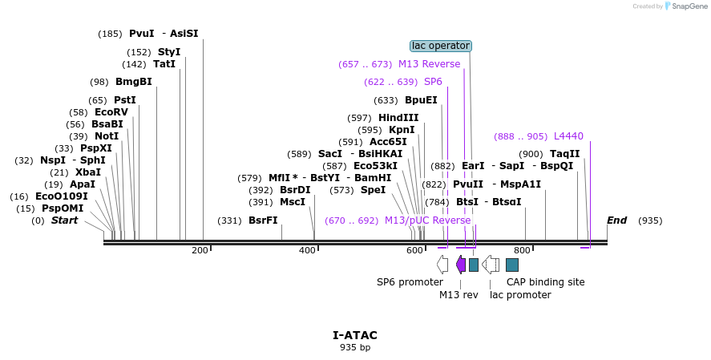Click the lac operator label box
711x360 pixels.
440,46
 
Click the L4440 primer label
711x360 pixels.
568,136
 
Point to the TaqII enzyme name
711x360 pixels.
564,154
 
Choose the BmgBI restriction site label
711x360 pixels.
133,82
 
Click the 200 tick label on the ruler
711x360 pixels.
200,251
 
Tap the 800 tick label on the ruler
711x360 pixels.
522,251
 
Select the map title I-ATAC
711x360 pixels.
355,335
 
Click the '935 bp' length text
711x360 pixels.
355,347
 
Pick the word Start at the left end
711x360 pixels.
65,220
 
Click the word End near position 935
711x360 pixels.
616,220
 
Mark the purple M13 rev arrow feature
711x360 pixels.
460,264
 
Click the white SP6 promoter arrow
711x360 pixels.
442,264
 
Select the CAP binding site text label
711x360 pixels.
545,282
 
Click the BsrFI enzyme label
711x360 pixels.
263,220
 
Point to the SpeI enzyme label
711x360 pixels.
373,190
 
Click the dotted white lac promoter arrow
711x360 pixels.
491,264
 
